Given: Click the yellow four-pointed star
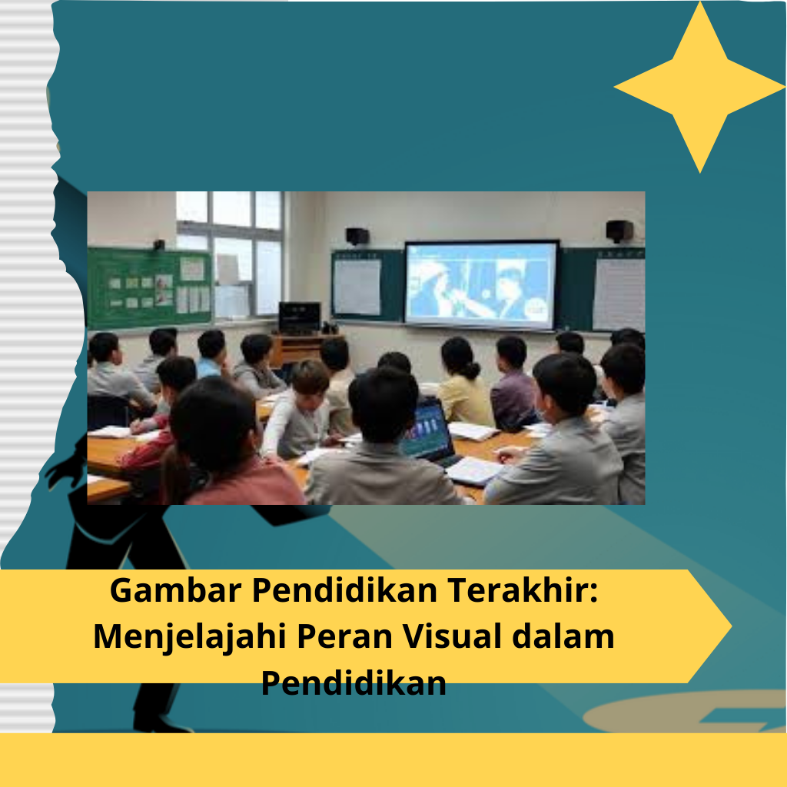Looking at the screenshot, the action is [x=699, y=88].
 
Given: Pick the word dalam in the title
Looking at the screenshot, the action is [x=563, y=636].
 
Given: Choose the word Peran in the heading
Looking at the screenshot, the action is [x=344, y=636].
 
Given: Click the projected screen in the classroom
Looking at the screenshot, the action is [x=481, y=284].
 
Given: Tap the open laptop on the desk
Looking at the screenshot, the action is [x=430, y=432].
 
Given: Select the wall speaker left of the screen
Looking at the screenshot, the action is [x=357, y=236].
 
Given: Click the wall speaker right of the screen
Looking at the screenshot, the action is [x=619, y=231].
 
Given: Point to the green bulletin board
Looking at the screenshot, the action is [x=149, y=287].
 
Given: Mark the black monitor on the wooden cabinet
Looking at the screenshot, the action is [x=300, y=317].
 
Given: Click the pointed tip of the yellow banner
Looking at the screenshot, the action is [x=731, y=626].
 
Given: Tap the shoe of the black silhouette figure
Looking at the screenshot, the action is [x=161, y=723].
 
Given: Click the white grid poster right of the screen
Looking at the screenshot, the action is [x=619, y=294].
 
